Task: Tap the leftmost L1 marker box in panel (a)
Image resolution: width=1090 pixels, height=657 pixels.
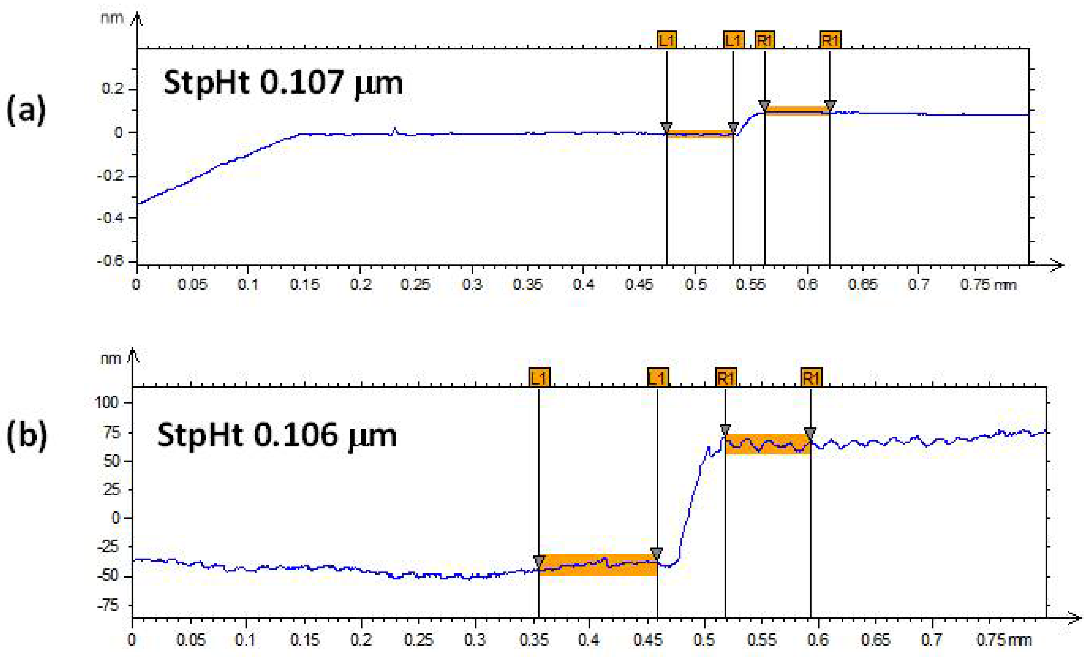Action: point(666,40)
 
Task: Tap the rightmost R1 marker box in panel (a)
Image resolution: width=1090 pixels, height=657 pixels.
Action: point(830,40)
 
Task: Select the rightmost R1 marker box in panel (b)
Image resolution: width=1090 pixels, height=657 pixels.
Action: point(811,378)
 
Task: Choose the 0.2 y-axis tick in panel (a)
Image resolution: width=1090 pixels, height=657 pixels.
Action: point(112,89)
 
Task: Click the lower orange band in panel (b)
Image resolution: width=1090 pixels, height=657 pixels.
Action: point(598,565)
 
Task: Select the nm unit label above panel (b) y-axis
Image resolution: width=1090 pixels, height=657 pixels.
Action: point(111,358)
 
